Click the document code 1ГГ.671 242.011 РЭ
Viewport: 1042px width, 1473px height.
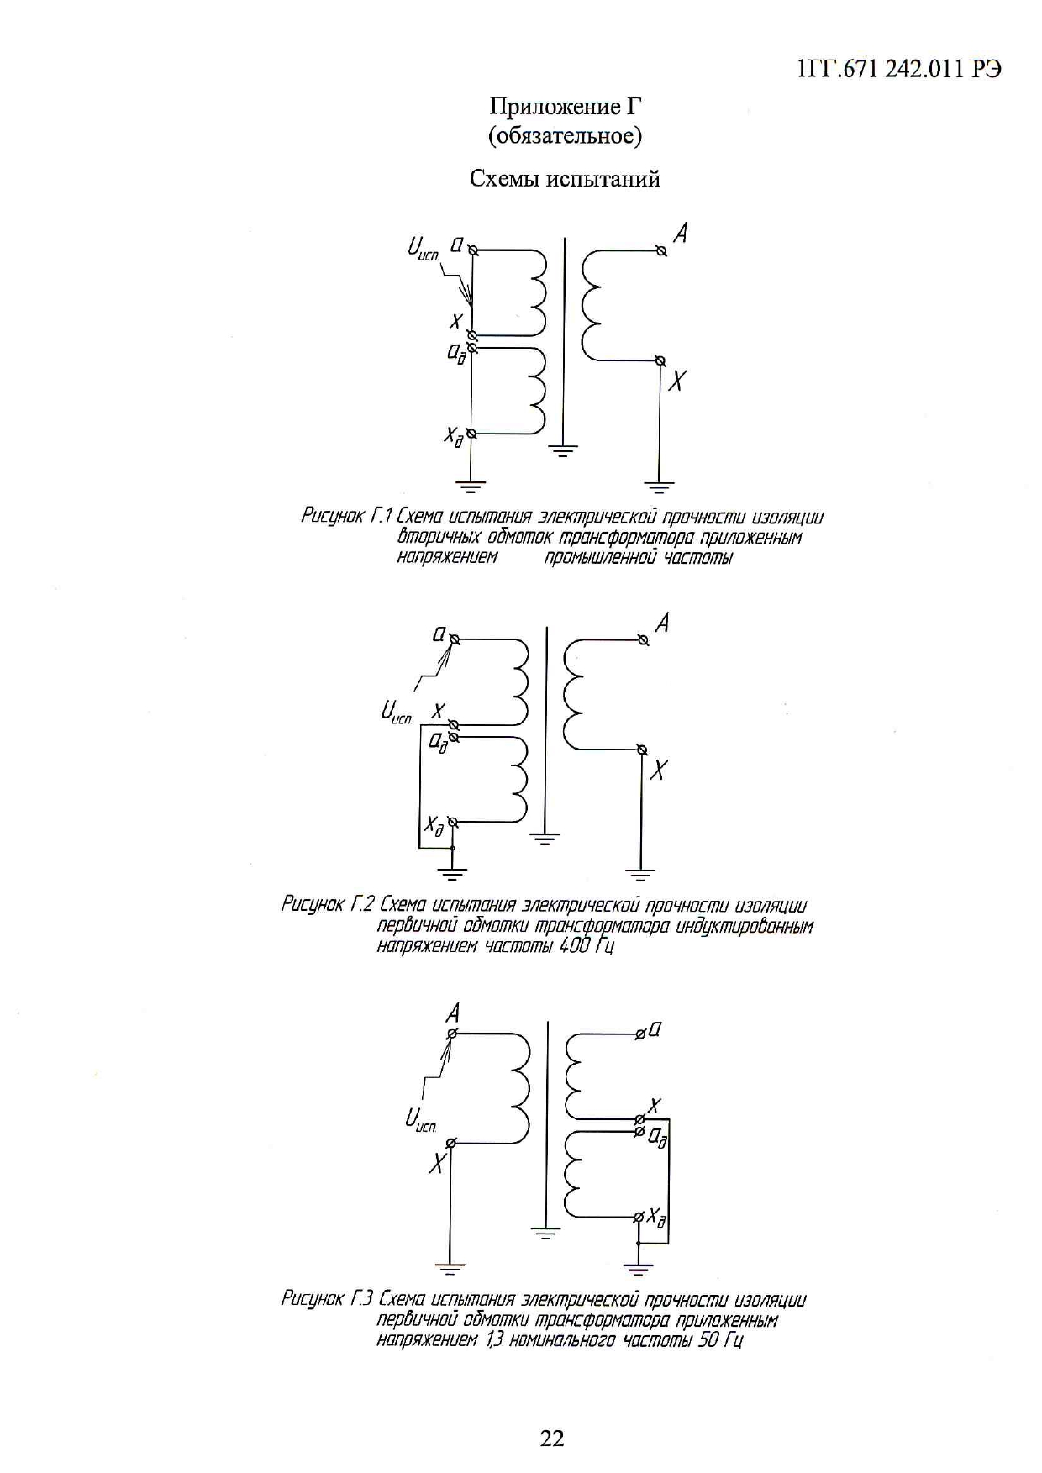coord(898,70)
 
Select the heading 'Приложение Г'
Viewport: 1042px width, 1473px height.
coord(566,107)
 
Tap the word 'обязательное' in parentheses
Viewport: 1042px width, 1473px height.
coord(565,135)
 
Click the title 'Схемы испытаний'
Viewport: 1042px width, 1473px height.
coord(565,179)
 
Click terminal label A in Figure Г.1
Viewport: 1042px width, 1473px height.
coord(681,233)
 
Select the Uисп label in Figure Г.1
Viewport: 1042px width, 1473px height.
coord(423,248)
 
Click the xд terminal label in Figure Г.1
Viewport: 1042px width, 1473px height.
coord(454,436)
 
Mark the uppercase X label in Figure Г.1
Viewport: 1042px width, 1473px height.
coord(676,381)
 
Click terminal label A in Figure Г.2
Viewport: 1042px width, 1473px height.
coord(663,623)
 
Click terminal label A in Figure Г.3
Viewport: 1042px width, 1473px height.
coord(452,1013)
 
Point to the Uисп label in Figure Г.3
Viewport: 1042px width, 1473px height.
coord(420,1119)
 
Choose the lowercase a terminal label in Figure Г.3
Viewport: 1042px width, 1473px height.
coord(655,1028)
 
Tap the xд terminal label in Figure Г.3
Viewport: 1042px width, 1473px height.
coord(657,1217)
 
